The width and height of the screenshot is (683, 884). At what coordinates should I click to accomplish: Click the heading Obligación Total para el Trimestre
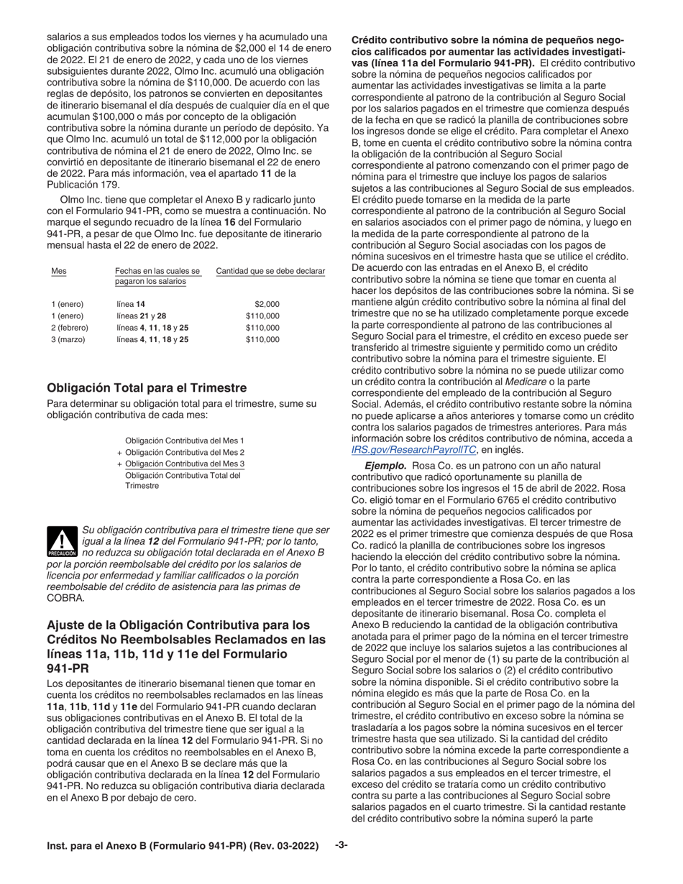coord(147,387)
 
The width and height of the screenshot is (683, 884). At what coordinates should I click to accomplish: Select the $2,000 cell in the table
coord(267,304)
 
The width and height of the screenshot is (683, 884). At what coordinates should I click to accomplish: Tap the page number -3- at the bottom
coord(341,846)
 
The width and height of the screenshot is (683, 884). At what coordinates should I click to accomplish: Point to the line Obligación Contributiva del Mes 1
coord(185,440)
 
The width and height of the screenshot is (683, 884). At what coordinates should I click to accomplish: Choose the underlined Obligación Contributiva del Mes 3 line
coord(185,464)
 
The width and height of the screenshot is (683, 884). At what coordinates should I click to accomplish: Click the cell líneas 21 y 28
coord(143,316)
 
